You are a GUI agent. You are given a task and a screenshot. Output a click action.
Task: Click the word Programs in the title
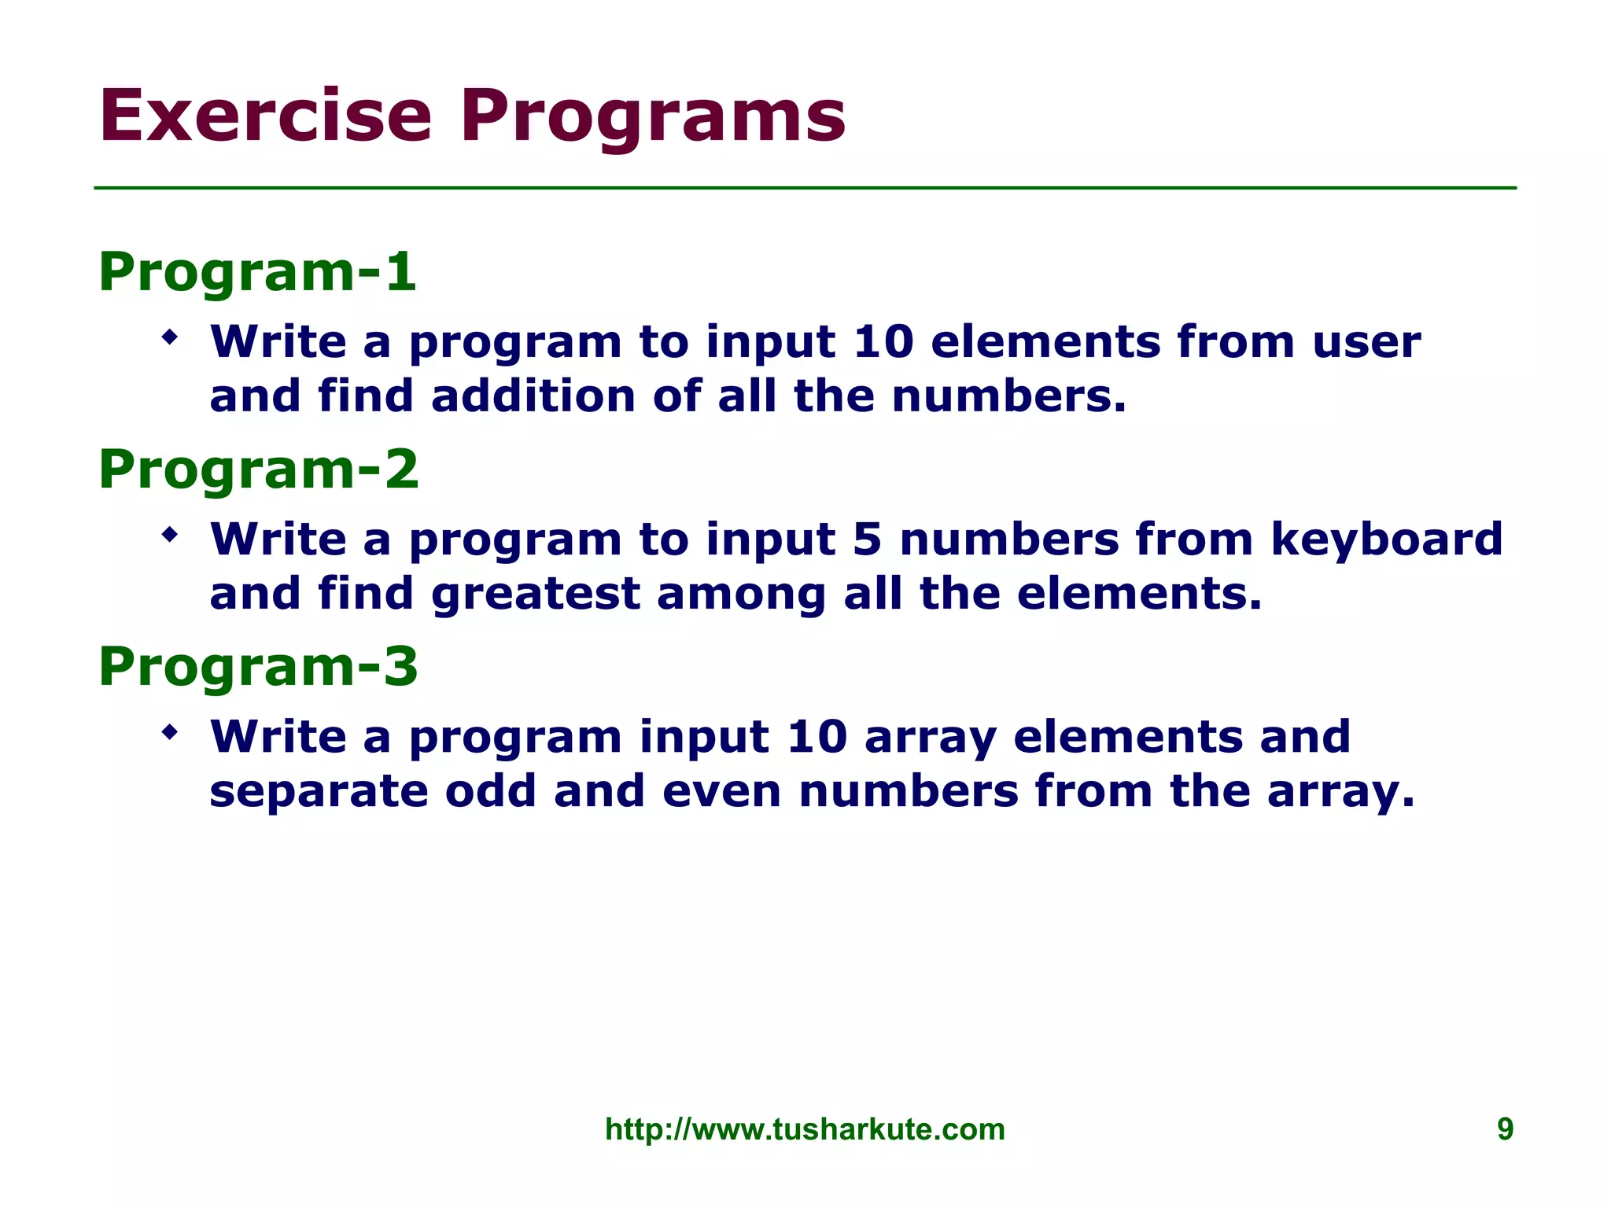[x=653, y=118]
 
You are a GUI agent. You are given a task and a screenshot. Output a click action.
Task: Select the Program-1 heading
[x=256, y=272]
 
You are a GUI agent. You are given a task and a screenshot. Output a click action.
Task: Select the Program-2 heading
[x=258, y=470]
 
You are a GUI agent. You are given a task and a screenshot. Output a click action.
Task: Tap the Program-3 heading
[x=258, y=667]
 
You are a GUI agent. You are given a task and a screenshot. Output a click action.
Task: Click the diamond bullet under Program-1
[x=169, y=339]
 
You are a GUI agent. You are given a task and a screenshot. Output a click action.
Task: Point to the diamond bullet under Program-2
[x=169, y=536]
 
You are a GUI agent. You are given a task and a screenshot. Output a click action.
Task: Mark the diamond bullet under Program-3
[x=169, y=734]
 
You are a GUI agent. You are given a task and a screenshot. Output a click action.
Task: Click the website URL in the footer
[x=805, y=1129]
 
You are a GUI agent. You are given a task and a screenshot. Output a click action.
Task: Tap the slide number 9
[x=1504, y=1129]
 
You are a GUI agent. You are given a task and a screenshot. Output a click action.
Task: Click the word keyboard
[x=1386, y=540]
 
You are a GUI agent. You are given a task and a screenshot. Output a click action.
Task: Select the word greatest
[x=535, y=595]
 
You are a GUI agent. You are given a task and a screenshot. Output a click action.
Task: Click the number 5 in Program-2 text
[x=866, y=540]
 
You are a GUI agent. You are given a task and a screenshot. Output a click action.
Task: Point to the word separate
[x=319, y=793]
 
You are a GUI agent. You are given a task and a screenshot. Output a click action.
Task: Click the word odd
[x=491, y=791]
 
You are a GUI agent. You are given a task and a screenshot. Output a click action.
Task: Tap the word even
[x=721, y=793]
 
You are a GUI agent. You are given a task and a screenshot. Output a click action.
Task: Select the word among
[x=741, y=595]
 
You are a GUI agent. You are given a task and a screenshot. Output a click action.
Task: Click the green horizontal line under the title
[x=805, y=188]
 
